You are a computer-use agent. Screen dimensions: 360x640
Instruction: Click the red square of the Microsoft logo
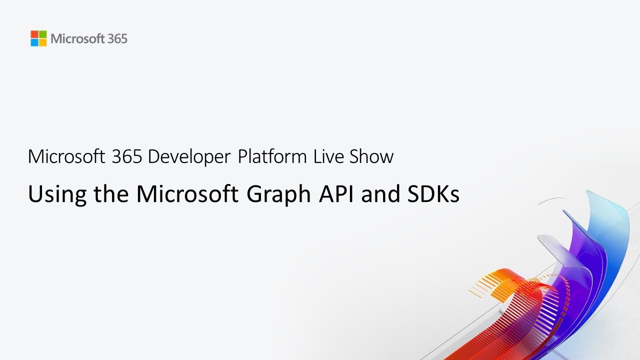34,34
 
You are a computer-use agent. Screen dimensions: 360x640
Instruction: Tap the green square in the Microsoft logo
42,34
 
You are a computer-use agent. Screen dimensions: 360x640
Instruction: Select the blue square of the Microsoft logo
34,42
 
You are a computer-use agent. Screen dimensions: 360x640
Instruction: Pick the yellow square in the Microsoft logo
42,42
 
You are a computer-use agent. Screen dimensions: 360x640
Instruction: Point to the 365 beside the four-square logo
117,38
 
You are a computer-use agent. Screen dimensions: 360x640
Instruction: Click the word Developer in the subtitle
189,157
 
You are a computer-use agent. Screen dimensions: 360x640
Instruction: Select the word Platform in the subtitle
272,157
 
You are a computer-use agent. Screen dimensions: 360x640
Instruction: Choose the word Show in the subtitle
371,156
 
